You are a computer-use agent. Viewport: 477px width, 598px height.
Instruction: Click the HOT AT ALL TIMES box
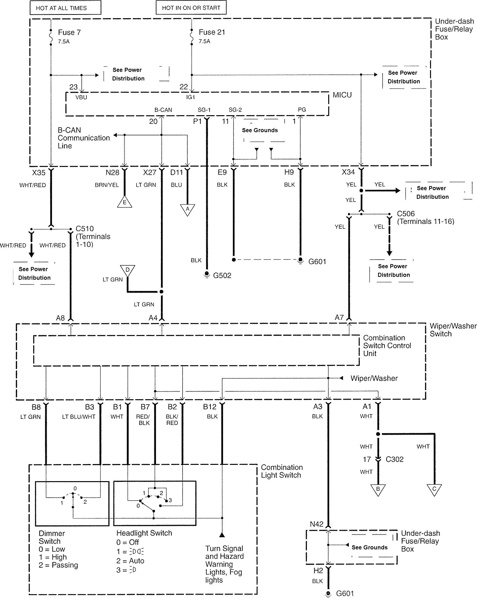(x=65, y=8)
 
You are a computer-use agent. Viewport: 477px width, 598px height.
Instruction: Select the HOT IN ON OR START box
(x=191, y=7)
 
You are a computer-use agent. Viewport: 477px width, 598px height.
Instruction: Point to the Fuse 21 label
(x=212, y=32)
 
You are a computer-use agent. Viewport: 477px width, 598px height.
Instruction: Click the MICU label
(x=342, y=95)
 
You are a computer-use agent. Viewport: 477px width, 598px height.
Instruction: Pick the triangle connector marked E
(x=125, y=202)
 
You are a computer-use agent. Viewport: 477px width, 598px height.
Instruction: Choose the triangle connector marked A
(x=188, y=209)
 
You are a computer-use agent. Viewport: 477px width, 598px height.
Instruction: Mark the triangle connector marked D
(x=128, y=270)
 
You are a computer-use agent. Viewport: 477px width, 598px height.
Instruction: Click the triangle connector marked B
(x=378, y=489)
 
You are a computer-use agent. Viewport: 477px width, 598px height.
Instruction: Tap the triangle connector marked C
(x=434, y=489)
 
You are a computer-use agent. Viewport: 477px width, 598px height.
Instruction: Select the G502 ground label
(x=222, y=275)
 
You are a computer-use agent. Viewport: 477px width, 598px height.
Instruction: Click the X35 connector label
(x=39, y=172)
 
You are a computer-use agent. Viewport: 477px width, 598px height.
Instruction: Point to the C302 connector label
(x=394, y=459)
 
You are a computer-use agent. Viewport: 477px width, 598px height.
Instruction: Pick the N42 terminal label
(x=317, y=524)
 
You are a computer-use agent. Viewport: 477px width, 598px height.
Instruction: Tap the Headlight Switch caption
(x=144, y=533)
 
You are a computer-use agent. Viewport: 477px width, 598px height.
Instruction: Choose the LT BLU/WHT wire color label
(x=79, y=417)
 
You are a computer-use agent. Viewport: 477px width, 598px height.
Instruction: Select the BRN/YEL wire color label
(x=107, y=185)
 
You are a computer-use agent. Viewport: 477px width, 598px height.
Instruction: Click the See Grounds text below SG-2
(x=260, y=130)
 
